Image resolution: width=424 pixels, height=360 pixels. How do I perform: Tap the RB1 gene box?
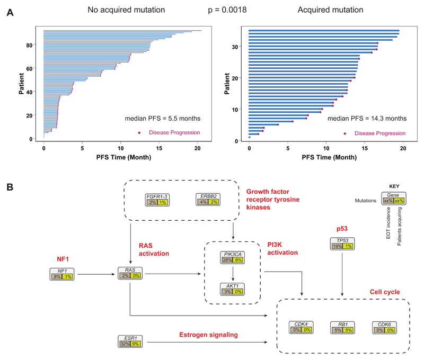(x=342, y=327)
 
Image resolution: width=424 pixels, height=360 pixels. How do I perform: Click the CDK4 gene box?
(x=301, y=327)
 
